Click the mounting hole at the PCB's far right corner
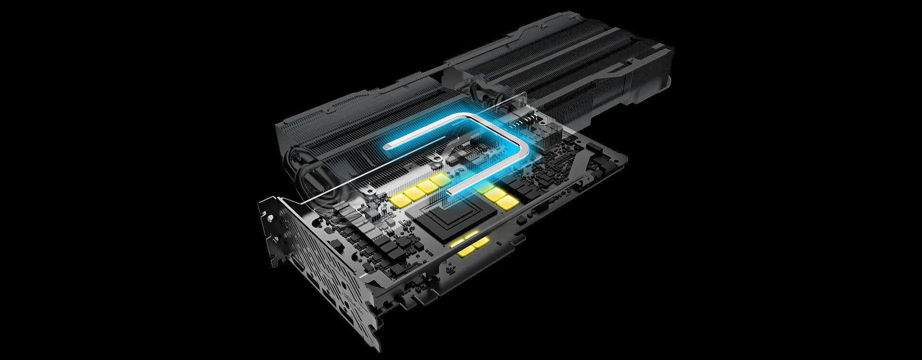click(x=619, y=156)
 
